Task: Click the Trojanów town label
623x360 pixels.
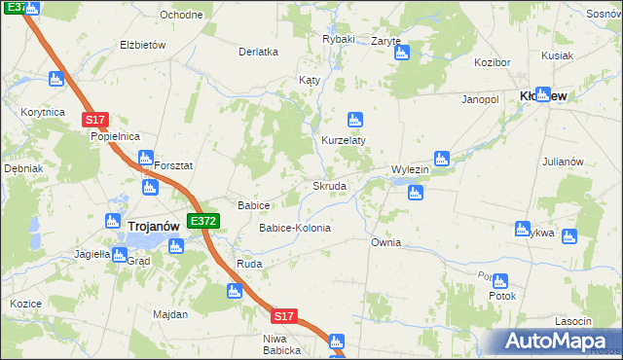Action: [153, 225]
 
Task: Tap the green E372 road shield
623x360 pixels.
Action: [203, 222]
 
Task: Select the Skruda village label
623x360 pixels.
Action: [329, 186]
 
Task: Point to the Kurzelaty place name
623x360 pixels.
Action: [344, 140]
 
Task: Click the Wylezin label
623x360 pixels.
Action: [410, 169]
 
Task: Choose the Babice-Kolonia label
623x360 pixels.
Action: [294, 228]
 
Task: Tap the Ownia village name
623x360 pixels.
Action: [385, 242]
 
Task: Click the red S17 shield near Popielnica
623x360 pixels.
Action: [93, 119]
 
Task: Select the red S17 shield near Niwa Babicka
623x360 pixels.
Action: [282, 316]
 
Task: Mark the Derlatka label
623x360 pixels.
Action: [259, 52]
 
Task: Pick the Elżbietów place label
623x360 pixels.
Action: [143, 45]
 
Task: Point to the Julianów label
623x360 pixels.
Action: [562, 162]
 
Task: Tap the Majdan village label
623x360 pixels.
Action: [170, 314]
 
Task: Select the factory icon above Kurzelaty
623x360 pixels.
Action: [354, 121]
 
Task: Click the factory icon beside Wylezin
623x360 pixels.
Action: [441, 157]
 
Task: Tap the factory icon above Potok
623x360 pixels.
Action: [499, 280]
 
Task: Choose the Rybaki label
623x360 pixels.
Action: [339, 39]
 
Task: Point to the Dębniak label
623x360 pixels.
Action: [23, 168]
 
